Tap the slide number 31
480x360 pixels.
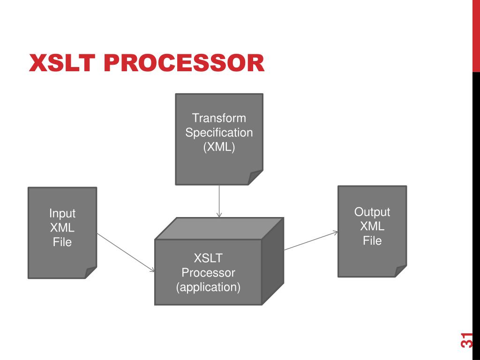[x=466, y=340]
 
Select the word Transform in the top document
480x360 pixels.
[x=219, y=118]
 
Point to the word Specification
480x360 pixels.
[x=219, y=133]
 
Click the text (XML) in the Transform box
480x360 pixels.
[x=219, y=147]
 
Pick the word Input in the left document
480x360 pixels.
[x=62, y=213]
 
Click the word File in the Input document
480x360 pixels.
[x=62, y=242]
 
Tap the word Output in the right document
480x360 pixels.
[x=372, y=212]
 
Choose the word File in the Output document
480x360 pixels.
[x=372, y=241]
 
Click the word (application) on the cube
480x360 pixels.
[x=208, y=287]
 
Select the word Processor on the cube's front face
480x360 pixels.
[x=208, y=272]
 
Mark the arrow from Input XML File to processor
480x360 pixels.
[x=126, y=252]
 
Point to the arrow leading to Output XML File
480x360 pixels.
[x=311, y=240]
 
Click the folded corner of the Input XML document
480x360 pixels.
[x=90, y=273]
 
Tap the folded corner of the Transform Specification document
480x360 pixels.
[x=255, y=178]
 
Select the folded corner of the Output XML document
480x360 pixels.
[x=400, y=271]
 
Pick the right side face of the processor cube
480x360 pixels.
[x=272, y=262]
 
